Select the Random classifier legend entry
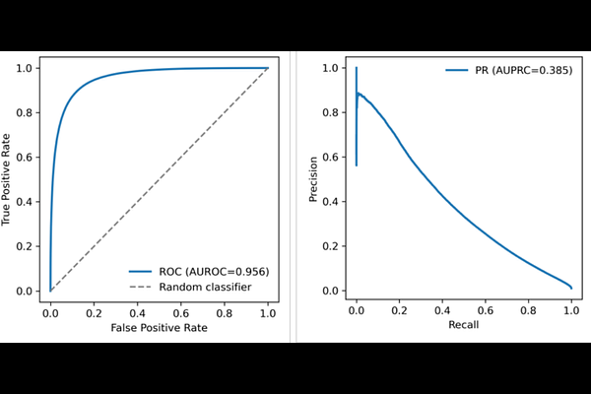pyautogui.click(x=204, y=287)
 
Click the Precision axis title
pyautogui.click(x=314, y=179)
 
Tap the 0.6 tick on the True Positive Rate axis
pyautogui.click(x=31, y=158)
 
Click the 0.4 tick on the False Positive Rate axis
pyautogui.click(x=137, y=308)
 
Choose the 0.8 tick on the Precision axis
pyautogui.click(x=336, y=112)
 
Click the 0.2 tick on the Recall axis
pyautogui.click(x=399, y=308)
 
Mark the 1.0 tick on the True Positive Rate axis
pyautogui.click(x=31, y=68)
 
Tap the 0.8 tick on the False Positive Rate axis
pyautogui.click(x=224, y=308)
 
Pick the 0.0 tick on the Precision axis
pyautogui.click(x=336, y=291)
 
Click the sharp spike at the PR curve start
pyautogui.click(x=357, y=69)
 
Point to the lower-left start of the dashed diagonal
pyautogui.click(x=50, y=291)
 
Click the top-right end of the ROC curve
pyautogui.click(x=267, y=68)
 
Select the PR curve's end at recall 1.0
pyautogui.click(x=571, y=288)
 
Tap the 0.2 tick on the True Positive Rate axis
pyautogui.click(x=31, y=246)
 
